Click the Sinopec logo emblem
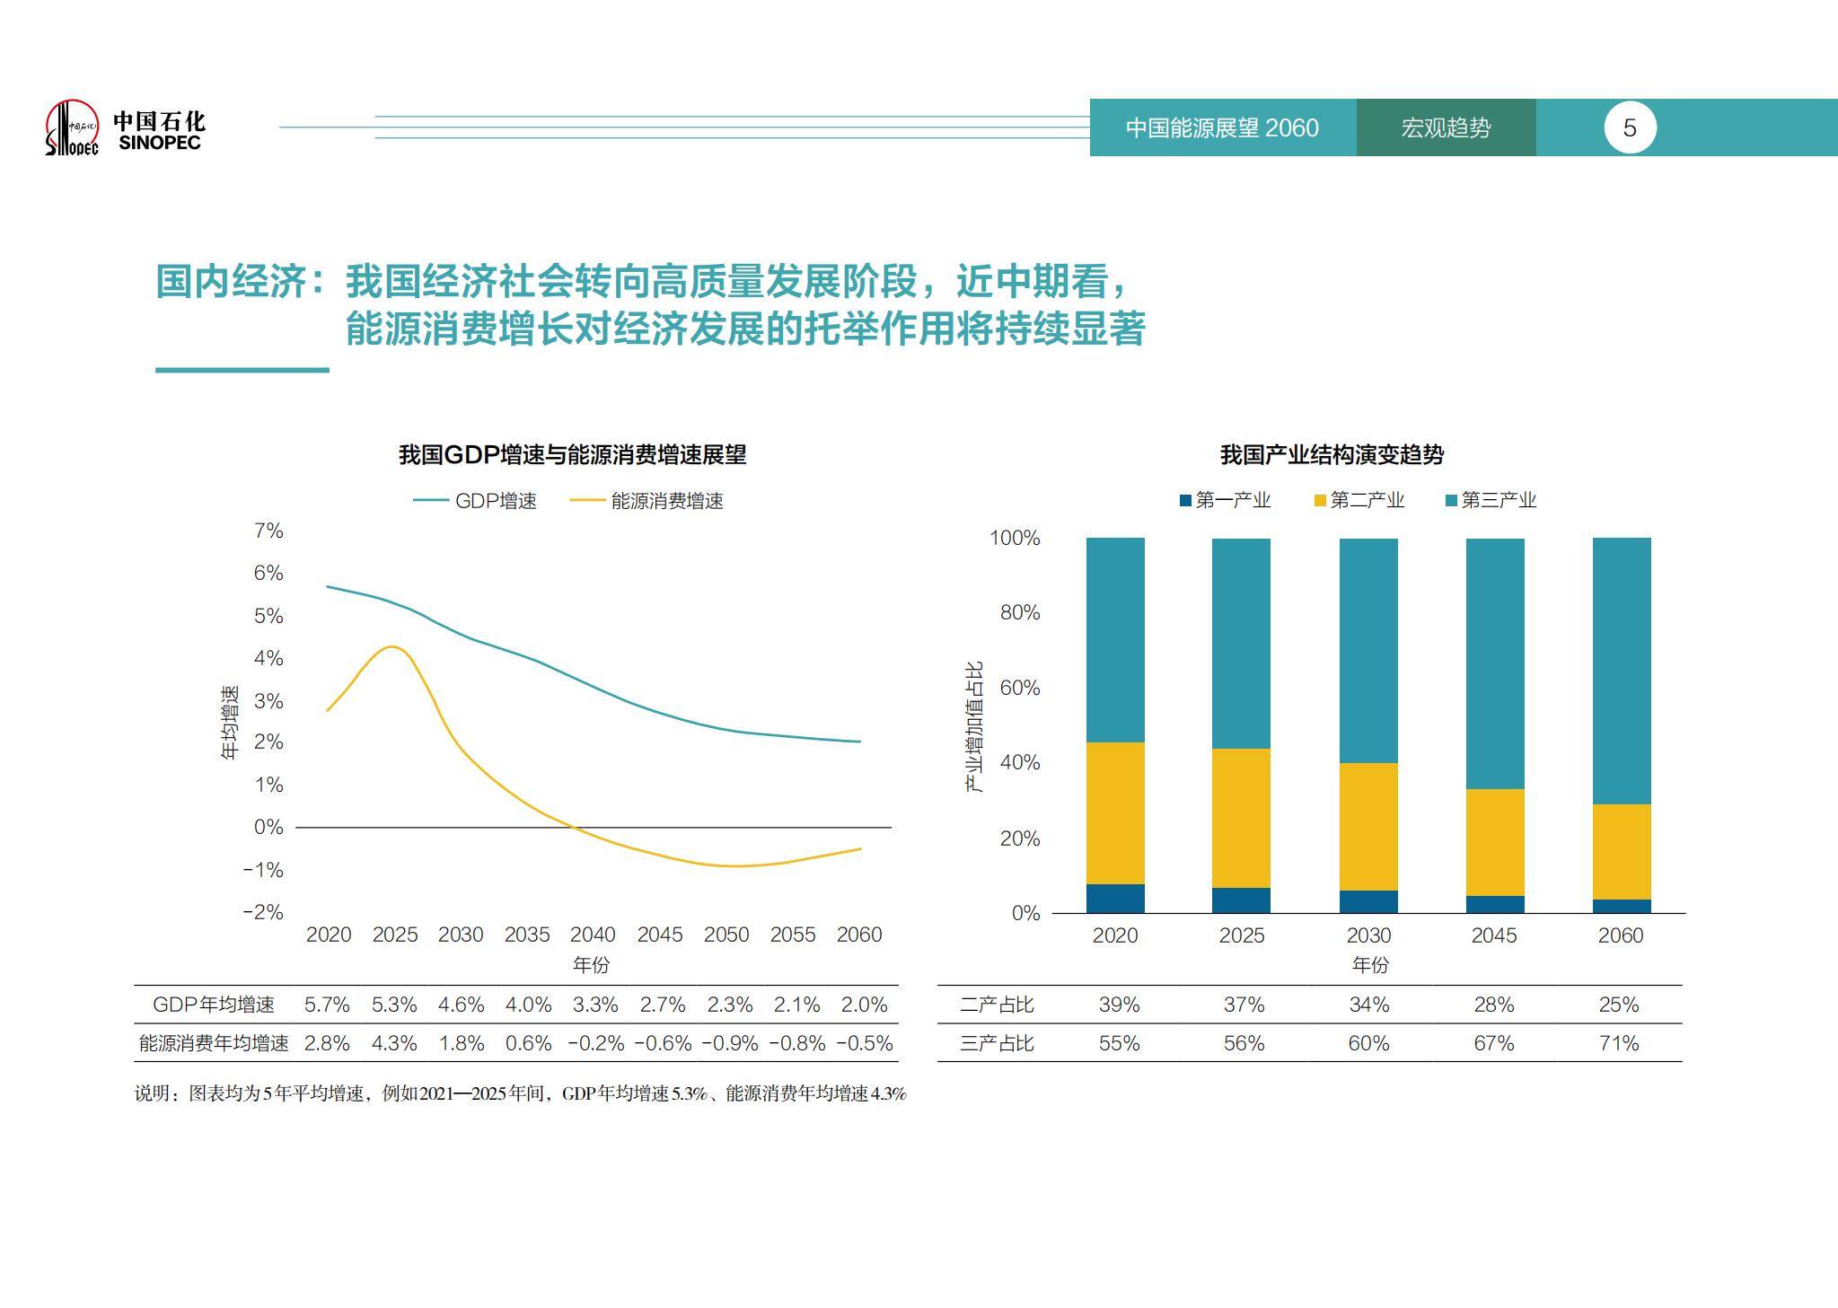pos(72,127)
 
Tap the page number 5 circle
pos(1629,127)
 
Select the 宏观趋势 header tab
pos(1445,127)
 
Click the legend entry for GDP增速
pos(476,501)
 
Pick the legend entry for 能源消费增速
pos(647,501)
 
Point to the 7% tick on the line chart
pos(268,531)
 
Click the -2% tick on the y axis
pos(263,912)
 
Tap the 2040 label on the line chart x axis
pos(593,935)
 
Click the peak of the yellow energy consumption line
pos(392,646)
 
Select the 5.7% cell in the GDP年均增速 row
pos(327,1005)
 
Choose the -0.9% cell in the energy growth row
pos(729,1043)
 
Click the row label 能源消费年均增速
pos(214,1043)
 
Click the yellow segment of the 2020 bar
pos(1115,812)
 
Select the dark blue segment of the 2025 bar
pos(1241,900)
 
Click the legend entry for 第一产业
pos(1225,500)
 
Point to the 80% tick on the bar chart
pos(1019,612)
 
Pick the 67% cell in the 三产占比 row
pos(1493,1043)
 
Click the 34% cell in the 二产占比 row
pos(1368,1005)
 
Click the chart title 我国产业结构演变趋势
pos(1331,454)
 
